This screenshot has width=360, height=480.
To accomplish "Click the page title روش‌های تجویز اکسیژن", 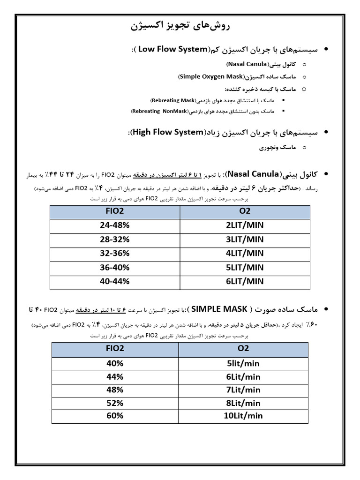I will click(x=180, y=25).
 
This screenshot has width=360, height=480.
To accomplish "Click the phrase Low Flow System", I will click(x=173, y=49).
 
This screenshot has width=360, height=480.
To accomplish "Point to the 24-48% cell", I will click(x=114, y=225).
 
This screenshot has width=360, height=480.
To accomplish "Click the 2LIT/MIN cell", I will click(x=245, y=225).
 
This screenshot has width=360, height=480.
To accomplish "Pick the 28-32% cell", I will click(x=114, y=239).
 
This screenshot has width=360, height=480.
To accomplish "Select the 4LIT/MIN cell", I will click(x=245, y=253).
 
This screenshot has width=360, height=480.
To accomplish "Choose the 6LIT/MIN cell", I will click(x=245, y=281).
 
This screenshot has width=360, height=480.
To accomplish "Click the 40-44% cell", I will click(x=114, y=281).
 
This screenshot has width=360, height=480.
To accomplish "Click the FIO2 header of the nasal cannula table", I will click(x=115, y=211).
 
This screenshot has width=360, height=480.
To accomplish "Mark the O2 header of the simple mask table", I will click(x=244, y=348).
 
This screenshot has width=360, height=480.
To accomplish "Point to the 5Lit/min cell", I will click(x=243, y=363).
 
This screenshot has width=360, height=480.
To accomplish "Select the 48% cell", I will click(x=115, y=390).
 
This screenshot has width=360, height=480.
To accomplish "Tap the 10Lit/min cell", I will click(x=243, y=416).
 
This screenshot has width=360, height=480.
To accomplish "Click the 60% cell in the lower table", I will click(x=115, y=416).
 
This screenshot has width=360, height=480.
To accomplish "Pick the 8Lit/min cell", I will click(x=243, y=403).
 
